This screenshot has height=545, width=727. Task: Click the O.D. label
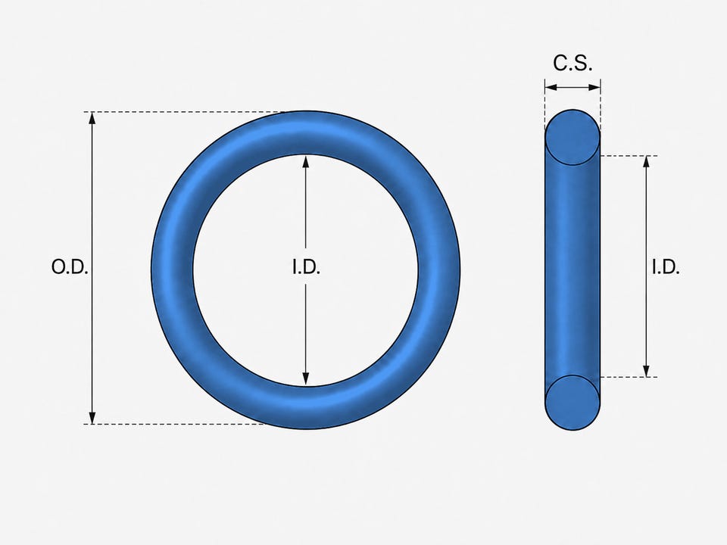tap(70, 267)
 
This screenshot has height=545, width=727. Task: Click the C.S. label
tap(573, 63)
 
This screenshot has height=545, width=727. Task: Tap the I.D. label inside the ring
tap(307, 267)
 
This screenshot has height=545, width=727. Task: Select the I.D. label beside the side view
tap(666, 267)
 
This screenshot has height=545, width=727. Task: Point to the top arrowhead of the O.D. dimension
tap(92, 118)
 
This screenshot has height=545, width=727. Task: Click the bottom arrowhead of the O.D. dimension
tap(92, 418)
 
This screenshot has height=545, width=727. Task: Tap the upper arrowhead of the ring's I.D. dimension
tap(305, 161)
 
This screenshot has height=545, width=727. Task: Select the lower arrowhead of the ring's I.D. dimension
tap(305, 379)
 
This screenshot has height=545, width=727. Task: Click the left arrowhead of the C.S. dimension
tap(551, 87)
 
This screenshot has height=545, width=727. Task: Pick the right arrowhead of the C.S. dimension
tap(594, 87)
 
